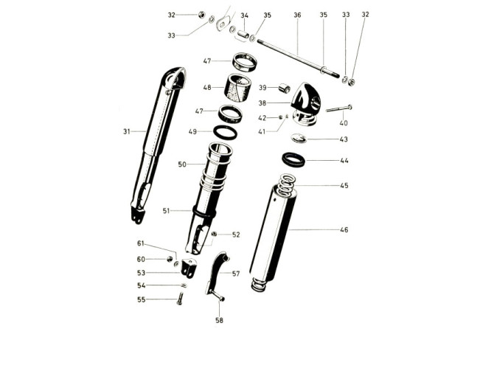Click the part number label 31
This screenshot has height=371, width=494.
click(126, 131)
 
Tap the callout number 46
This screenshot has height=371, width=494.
click(344, 230)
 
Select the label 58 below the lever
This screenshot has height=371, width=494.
click(219, 320)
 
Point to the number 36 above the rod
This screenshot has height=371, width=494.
click(297, 15)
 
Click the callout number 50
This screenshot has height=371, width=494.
click(182, 164)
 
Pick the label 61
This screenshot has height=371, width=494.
click(141, 243)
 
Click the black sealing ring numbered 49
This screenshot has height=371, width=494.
click(226, 132)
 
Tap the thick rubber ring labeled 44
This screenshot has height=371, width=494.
click(293, 159)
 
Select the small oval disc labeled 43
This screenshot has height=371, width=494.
click(298, 138)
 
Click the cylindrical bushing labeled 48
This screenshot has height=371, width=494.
click(237, 88)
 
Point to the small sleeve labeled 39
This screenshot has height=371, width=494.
click(284, 89)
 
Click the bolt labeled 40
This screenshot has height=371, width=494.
click(339, 108)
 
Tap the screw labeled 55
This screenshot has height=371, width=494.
click(180, 299)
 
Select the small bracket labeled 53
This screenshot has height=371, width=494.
click(189, 268)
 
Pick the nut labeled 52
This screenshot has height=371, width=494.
click(215, 234)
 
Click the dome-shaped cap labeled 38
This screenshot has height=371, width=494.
click(305, 104)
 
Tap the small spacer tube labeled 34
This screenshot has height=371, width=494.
click(243, 34)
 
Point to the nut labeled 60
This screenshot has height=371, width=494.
click(170, 259)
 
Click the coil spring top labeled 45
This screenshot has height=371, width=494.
click(286, 185)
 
